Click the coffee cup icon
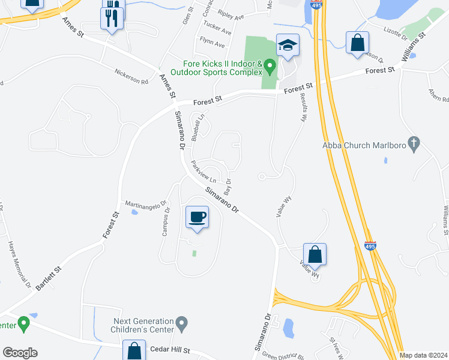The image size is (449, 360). coord(197,217)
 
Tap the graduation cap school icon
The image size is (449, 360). coord(288,45)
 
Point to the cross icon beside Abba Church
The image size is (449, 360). coord(413,144)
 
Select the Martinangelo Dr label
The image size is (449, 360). coord(145,205)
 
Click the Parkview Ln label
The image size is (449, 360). coord(203,172)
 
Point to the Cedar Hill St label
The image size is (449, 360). coord(170,349)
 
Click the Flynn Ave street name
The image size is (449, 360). coord(213,45)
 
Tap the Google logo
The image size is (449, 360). coord(20,353)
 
